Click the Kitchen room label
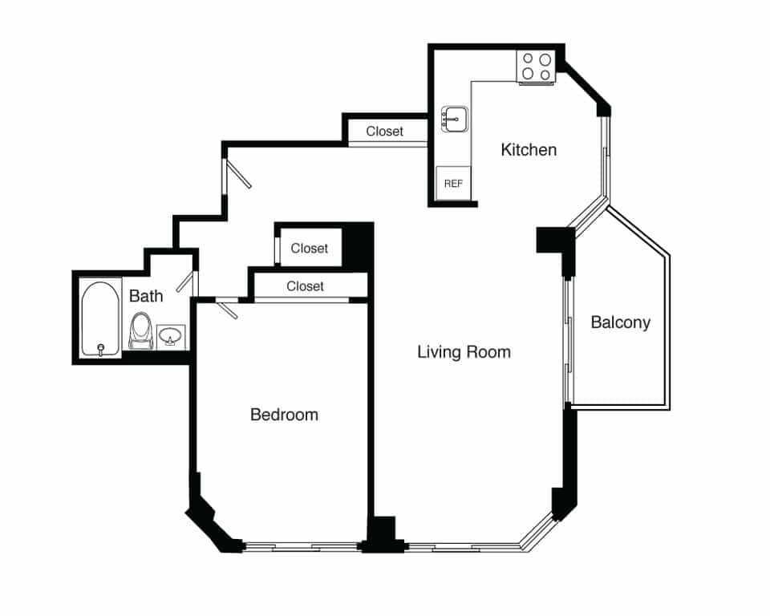(529, 150)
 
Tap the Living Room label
(464, 352)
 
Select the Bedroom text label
(284, 415)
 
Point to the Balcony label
(620, 323)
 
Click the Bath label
(146, 296)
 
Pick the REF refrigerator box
(453, 183)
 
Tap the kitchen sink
(454, 120)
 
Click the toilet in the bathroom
(141, 330)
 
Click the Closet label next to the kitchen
(385, 132)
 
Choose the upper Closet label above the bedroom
(310, 249)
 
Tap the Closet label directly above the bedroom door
(305, 286)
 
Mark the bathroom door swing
(186, 282)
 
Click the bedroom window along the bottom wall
(301, 547)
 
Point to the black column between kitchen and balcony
(554, 241)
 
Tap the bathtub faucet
(101, 349)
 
